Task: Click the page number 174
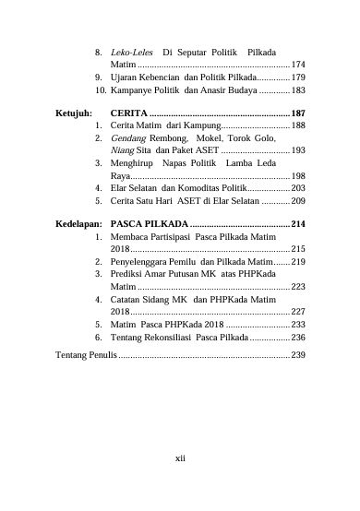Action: pyautogui.click(x=297, y=65)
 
